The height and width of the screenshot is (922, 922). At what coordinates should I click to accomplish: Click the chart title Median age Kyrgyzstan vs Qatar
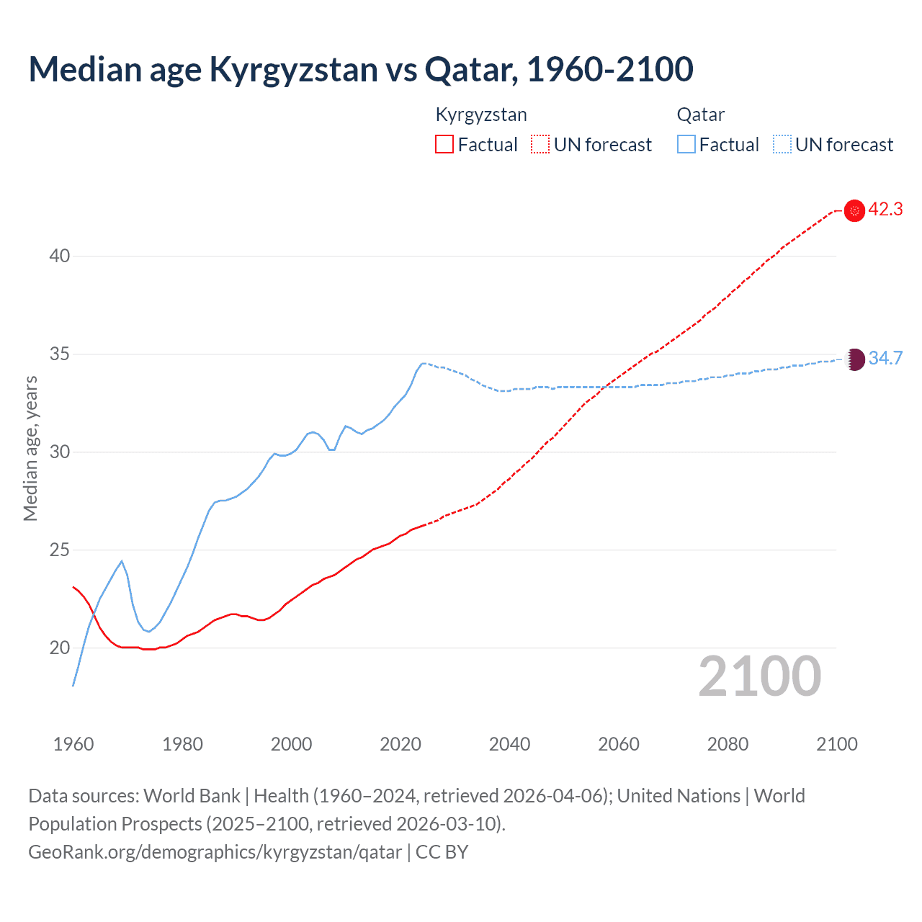click(x=360, y=69)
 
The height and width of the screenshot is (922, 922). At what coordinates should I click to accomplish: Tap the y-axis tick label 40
click(x=60, y=256)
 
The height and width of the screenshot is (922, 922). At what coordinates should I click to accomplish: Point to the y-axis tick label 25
click(x=60, y=550)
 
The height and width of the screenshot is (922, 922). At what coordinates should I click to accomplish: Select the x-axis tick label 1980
click(x=182, y=744)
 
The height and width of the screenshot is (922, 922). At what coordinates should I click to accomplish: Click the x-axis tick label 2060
click(x=618, y=744)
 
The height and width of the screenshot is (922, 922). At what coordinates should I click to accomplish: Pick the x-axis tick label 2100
click(x=836, y=744)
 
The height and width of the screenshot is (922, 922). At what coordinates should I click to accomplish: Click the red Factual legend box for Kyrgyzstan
click(x=444, y=145)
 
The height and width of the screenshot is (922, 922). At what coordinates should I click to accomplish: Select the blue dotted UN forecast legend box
click(x=782, y=145)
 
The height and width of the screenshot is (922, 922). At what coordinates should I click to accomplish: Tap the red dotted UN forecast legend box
click(x=540, y=145)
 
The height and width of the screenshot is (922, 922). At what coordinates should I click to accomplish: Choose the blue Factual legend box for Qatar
click(x=686, y=145)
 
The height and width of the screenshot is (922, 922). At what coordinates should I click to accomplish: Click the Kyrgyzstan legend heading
click(x=481, y=115)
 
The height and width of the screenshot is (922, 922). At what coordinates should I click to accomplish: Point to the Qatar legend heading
click(x=700, y=115)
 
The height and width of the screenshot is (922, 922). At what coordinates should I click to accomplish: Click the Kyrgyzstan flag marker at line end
click(x=854, y=210)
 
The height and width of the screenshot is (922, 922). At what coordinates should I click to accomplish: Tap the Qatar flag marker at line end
click(x=854, y=359)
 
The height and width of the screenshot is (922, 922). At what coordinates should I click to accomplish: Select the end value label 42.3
click(x=885, y=210)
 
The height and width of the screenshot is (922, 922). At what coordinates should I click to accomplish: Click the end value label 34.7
click(x=885, y=358)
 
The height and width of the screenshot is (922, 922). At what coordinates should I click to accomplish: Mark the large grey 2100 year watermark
click(x=759, y=676)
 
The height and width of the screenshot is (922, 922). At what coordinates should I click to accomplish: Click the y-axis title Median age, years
click(x=30, y=448)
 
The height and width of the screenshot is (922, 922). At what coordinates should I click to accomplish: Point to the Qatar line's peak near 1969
click(x=122, y=561)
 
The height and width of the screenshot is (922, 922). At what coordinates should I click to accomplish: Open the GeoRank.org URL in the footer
click(x=215, y=852)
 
